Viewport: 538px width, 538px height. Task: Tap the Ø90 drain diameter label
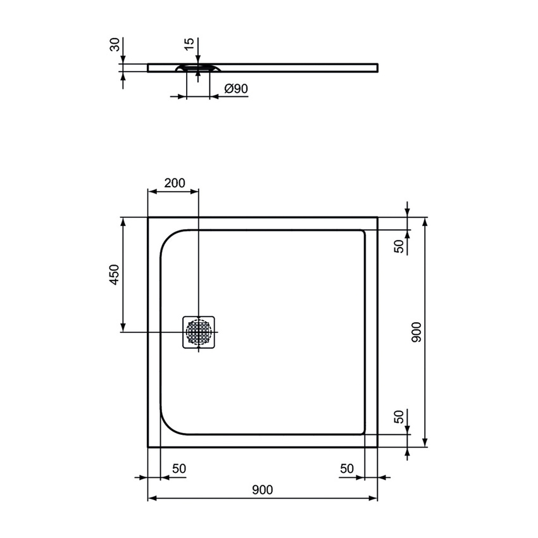(x=235, y=90)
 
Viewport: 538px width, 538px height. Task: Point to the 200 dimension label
(x=174, y=183)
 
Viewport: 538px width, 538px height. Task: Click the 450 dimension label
(x=115, y=275)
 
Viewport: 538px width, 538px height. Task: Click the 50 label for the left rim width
(x=178, y=468)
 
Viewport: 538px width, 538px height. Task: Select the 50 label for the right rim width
(x=346, y=468)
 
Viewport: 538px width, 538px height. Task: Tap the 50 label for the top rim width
(x=399, y=247)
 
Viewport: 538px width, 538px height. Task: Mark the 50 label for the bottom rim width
(x=399, y=417)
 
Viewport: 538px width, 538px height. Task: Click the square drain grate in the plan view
(x=199, y=332)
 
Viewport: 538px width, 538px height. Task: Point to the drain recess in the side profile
(x=198, y=68)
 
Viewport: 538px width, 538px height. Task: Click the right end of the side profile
(x=377, y=66)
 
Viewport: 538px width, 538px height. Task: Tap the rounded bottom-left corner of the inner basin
(x=168, y=426)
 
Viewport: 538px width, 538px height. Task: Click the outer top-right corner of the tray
(x=377, y=218)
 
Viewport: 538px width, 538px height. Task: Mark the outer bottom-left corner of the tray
(x=148, y=447)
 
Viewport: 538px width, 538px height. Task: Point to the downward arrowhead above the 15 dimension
(x=198, y=58)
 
